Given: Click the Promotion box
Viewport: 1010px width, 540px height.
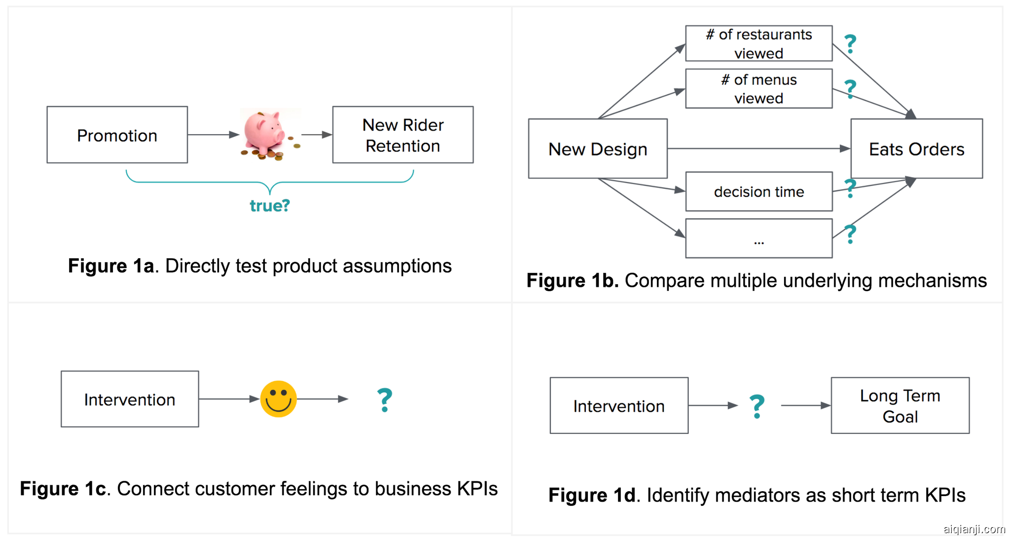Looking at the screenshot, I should tap(117, 135).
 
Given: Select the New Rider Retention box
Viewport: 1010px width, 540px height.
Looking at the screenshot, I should tap(402, 135).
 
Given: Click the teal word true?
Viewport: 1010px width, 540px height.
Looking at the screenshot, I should tap(269, 205).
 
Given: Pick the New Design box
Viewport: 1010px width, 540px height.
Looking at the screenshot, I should tap(597, 149).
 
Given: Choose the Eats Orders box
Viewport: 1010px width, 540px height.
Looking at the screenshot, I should tap(916, 149).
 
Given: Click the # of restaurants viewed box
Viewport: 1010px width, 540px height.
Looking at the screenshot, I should tap(758, 43).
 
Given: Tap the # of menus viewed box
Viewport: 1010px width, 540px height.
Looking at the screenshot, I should tap(758, 89).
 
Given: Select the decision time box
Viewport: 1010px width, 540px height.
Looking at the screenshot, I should tap(758, 192).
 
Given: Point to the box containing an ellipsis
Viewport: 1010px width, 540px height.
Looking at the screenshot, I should tap(758, 238).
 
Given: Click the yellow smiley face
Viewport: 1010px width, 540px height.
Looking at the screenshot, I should tap(278, 399).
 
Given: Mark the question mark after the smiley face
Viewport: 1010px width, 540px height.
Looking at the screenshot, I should tap(385, 400).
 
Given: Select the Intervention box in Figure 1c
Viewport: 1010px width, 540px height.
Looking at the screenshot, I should tap(130, 399).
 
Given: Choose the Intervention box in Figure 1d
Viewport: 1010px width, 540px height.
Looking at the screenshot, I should tap(619, 406).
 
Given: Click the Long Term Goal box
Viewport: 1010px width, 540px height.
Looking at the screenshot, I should tap(900, 406).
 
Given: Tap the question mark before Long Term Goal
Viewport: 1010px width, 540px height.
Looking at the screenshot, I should tap(757, 406).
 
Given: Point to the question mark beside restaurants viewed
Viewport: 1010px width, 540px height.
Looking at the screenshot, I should tap(850, 44).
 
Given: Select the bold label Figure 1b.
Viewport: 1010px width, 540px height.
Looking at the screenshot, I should tap(572, 280).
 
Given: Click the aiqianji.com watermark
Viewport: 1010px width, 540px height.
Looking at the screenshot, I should tap(974, 529).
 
